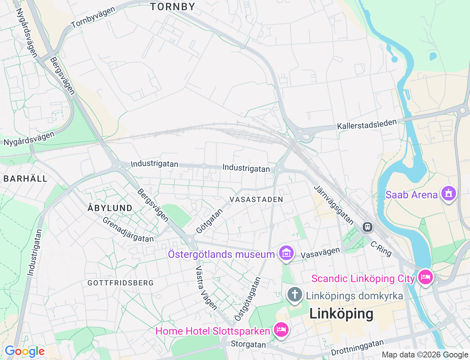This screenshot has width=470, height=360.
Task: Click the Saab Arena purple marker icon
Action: click(448, 194)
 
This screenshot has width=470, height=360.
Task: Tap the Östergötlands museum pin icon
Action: click(286, 253)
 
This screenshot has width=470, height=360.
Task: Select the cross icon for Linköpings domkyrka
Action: click(294, 295)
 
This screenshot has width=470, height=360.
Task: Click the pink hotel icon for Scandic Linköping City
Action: click(425, 277)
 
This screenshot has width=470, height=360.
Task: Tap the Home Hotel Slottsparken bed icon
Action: click(281, 330)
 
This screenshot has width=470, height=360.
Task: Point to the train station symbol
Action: click(367, 227)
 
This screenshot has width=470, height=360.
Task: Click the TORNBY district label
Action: click(173, 7)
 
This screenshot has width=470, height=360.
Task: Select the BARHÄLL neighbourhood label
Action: click(26, 179)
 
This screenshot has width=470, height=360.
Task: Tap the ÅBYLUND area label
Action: click(110, 208)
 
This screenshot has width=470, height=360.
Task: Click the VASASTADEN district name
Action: click(256, 199)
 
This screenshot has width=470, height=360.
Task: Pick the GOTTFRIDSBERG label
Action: click(120, 283)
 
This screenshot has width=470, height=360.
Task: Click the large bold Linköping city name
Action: click(341, 314)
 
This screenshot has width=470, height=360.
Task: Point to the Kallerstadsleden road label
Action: click(367, 124)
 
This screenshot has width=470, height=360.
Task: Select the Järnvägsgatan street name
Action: click(334, 205)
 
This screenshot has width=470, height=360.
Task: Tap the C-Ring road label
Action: click(381, 249)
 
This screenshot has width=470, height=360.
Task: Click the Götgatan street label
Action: click(209, 221)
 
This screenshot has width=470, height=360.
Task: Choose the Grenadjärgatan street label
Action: click(128, 230)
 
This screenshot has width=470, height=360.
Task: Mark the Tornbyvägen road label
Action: click(93, 18)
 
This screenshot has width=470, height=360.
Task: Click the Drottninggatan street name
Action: click(357, 348)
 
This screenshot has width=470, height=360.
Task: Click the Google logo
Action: click(25, 352)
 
